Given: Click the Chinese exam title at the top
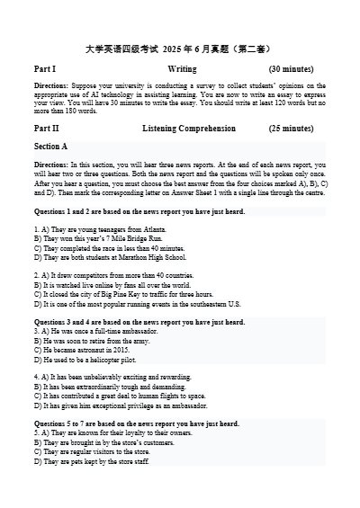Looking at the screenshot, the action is tap(180, 43).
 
